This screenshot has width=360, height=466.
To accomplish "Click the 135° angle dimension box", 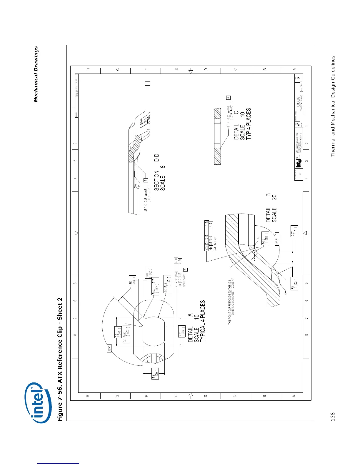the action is tap(109, 349).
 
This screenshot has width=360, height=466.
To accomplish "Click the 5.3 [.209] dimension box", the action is tap(155, 373).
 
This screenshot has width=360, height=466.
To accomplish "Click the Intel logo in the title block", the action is tap(299, 161).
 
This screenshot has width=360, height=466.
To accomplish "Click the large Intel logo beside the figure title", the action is tap(39, 402).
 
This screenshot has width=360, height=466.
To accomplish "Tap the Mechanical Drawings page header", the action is tap(36, 74).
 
